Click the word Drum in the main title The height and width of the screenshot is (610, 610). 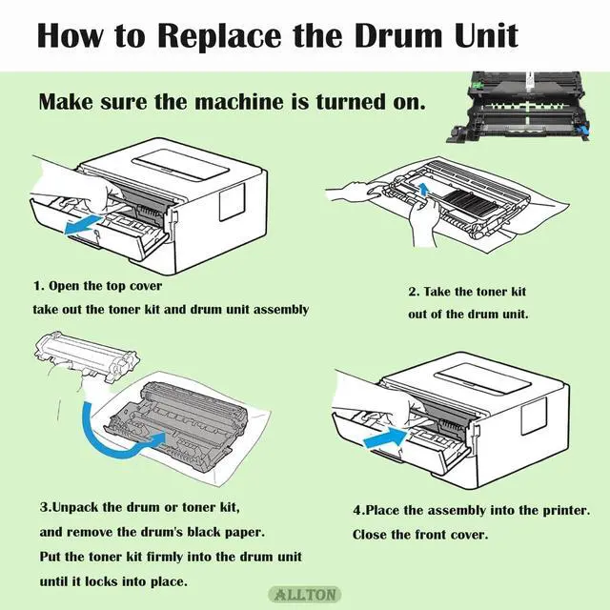tap(399, 35)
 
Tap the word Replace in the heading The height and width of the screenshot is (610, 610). tap(219, 36)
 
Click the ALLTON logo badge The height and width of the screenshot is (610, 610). tap(305, 595)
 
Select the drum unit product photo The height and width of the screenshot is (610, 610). tap(520, 106)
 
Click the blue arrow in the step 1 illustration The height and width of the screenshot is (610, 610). tap(83, 225)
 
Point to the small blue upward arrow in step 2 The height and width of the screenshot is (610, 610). tap(424, 191)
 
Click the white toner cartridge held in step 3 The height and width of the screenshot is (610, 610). tap(86, 355)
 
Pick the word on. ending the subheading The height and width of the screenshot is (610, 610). tap(410, 103)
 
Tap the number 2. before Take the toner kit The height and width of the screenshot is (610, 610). tap(414, 292)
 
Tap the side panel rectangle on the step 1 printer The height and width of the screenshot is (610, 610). tap(233, 201)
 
